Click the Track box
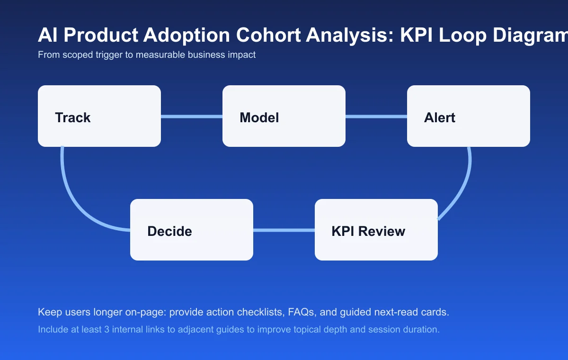tap(99, 116)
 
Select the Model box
tap(284, 116)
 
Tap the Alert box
tap(469, 116)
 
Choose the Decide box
tap(192, 230)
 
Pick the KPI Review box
tap(376, 230)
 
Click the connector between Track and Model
tap(192, 116)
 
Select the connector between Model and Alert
tap(376, 116)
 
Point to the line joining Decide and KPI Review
tap(284, 230)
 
